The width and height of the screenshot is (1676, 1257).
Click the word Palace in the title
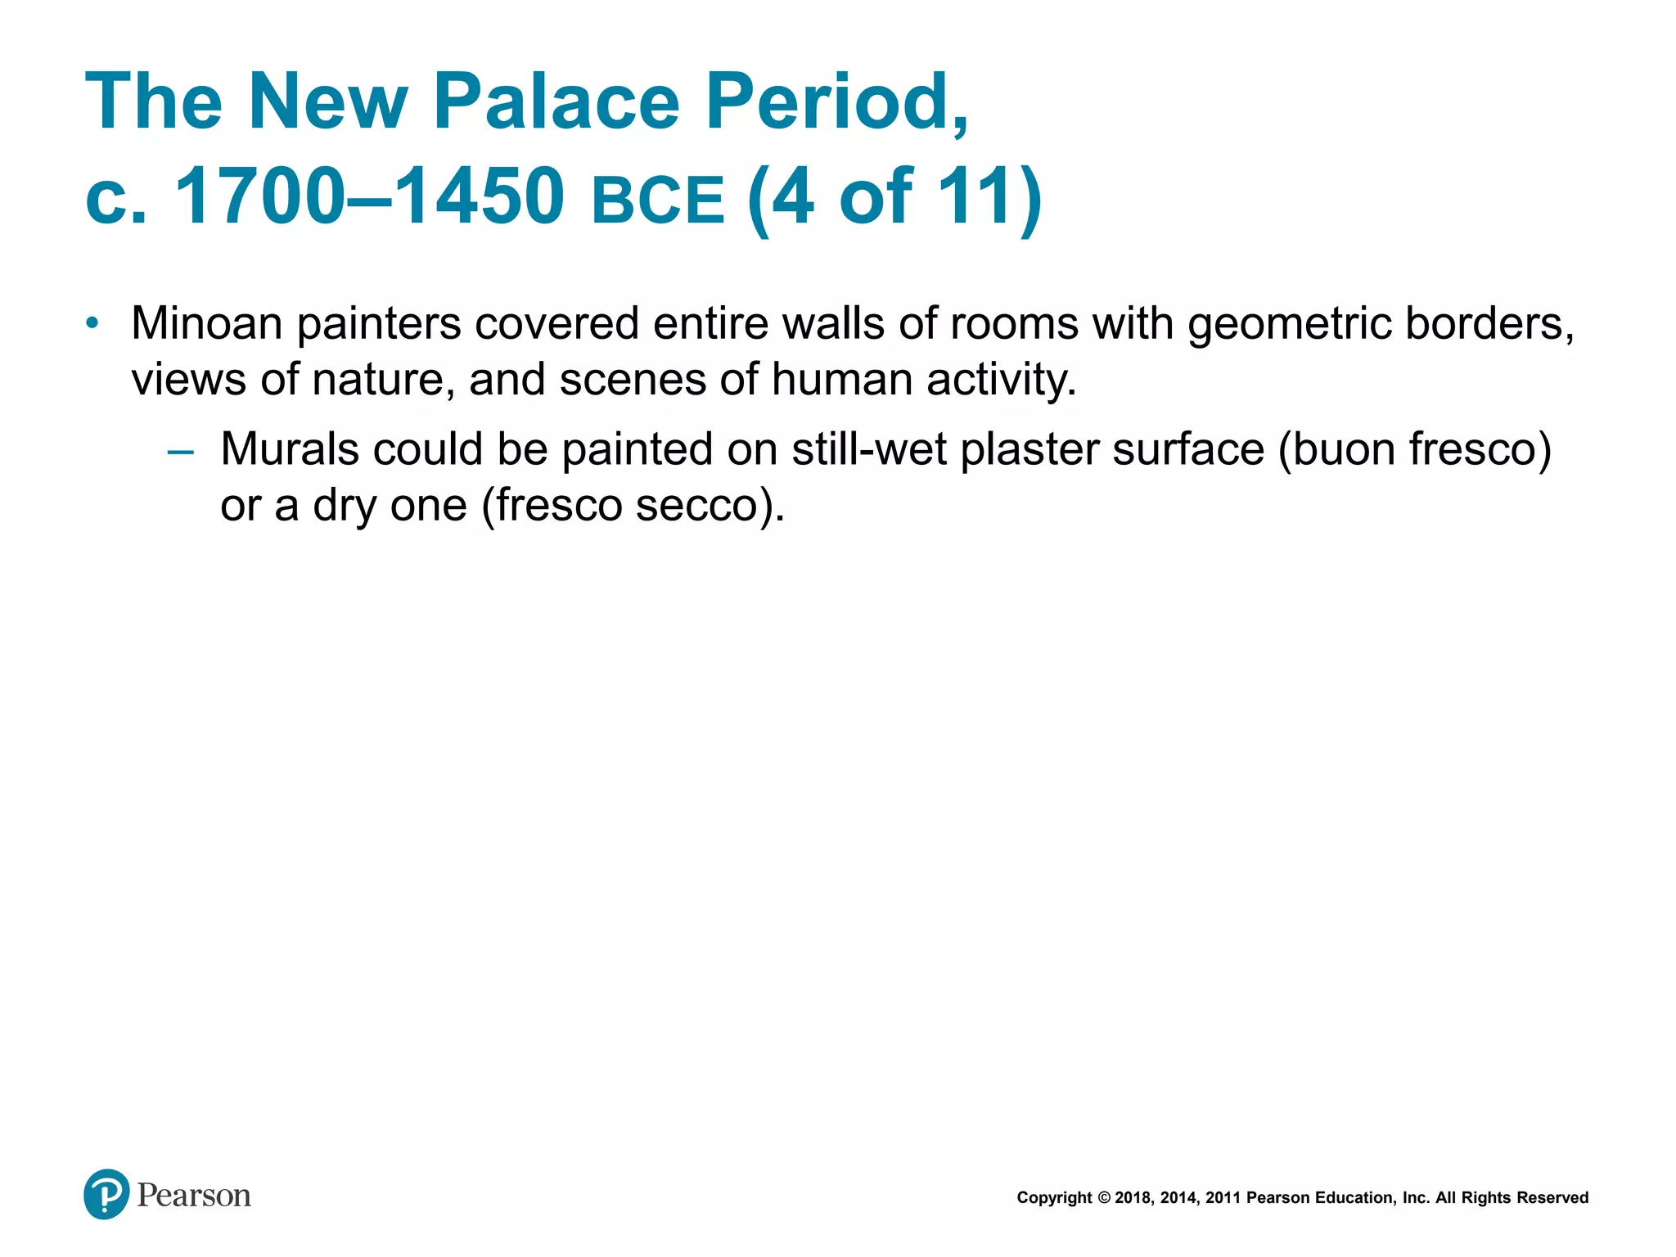click(556, 101)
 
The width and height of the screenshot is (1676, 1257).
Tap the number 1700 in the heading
click(260, 196)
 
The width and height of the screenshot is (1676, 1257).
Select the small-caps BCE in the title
click(658, 200)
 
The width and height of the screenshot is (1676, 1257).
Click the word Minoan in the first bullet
click(207, 323)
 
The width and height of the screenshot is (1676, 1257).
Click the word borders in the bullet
click(1489, 323)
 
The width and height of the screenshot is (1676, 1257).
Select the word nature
click(377, 380)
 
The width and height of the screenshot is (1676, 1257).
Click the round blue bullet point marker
click(92, 322)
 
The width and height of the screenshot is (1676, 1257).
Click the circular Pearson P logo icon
click(106, 1194)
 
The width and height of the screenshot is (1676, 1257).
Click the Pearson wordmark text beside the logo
click(194, 1196)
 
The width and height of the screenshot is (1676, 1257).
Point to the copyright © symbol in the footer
click(1103, 1198)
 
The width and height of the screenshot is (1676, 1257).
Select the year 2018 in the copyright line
click(1132, 1198)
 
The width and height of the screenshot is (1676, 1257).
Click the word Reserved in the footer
click(1552, 1198)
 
